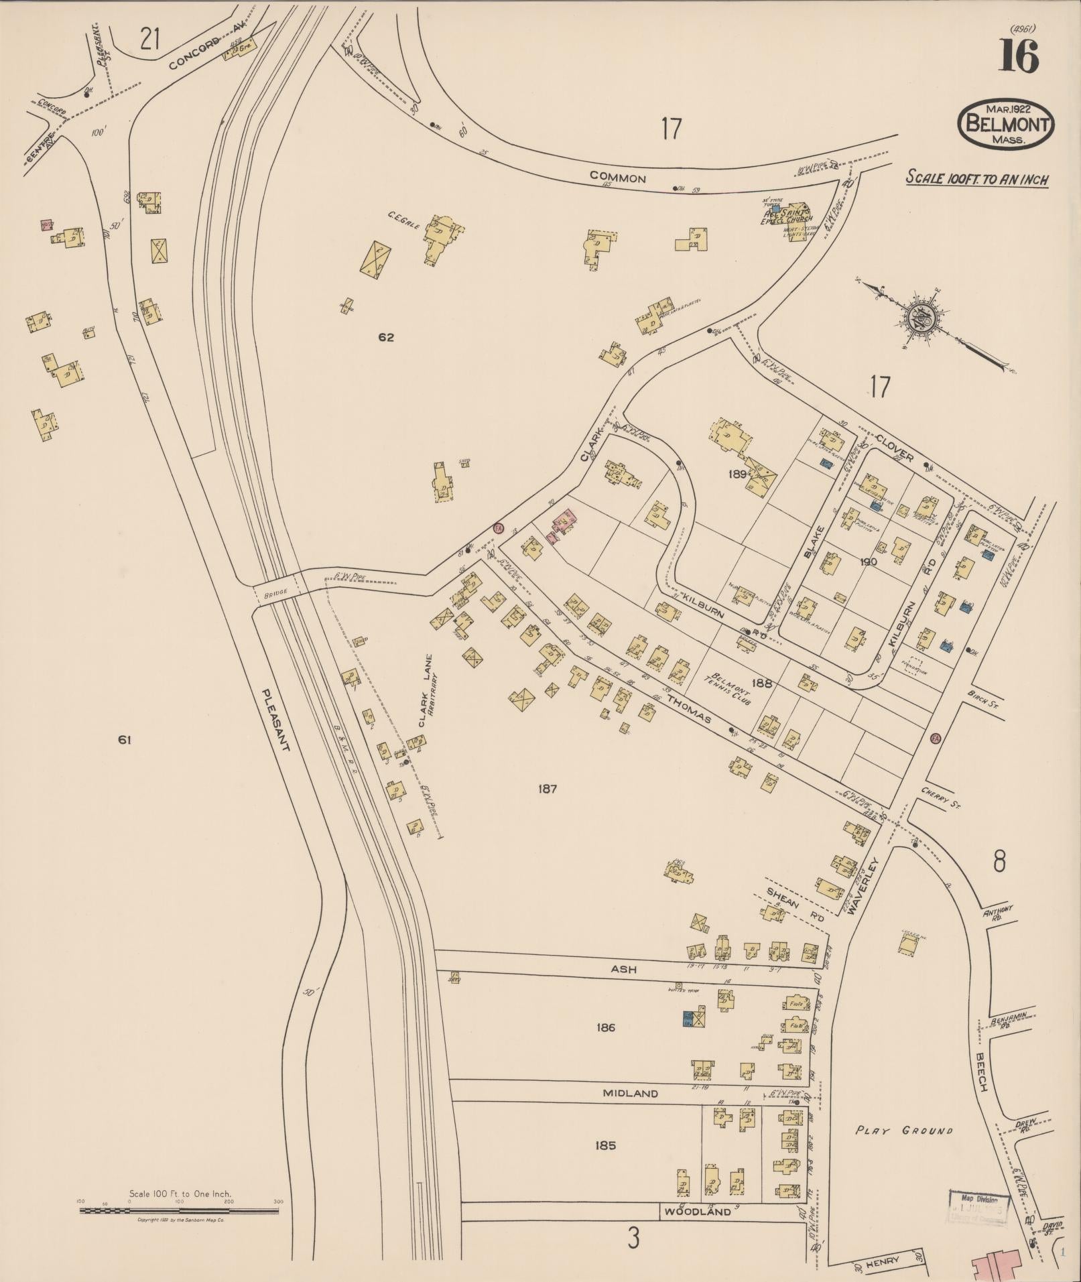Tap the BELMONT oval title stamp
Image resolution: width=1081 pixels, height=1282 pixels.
click(x=1006, y=125)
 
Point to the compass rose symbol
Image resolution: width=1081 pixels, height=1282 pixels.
click(x=924, y=316)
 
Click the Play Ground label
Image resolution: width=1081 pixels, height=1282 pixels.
click(x=904, y=1131)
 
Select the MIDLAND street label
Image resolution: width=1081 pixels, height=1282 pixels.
click(x=630, y=1093)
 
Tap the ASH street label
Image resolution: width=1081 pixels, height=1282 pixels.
click(x=623, y=969)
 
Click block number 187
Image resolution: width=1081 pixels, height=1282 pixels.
click(x=548, y=789)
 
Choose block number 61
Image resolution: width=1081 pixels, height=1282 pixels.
click(x=124, y=740)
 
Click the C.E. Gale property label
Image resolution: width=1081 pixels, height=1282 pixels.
click(x=403, y=221)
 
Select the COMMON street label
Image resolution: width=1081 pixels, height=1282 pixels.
click(x=617, y=178)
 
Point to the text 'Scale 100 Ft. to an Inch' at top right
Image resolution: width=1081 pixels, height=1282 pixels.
click(x=977, y=178)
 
